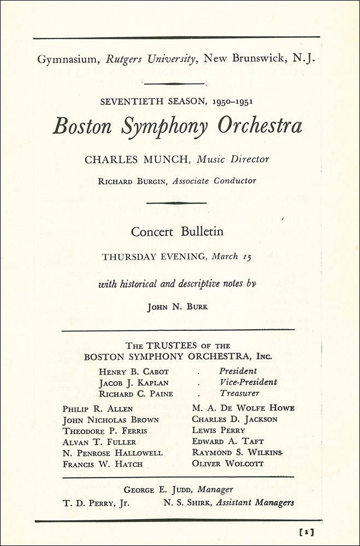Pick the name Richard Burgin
(x=133, y=181)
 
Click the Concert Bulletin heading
(x=177, y=232)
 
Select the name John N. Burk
(x=178, y=307)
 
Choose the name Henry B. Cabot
(x=134, y=372)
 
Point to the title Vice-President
(x=248, y=382)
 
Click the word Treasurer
(x=239, y=393)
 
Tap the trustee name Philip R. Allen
(x=98, y=408)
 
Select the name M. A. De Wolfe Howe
(x=243, y=408)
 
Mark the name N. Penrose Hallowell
(x=113, y=453)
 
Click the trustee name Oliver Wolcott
(x=227, y=464)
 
